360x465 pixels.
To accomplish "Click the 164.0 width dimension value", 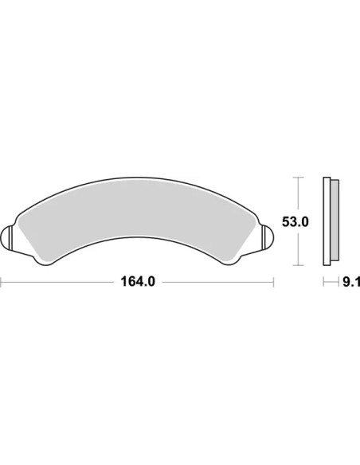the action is pyautogui.click(x=138, y=281).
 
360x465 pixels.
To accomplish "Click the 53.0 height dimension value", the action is pyautogui.click(x=295, y=222).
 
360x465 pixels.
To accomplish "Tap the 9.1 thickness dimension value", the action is pyautogui.click(x=352, y=282).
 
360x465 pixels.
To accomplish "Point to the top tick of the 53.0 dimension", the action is pyautogui.click(x=299, y=177).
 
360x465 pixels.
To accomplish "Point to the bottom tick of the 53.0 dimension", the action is pyautogui.click(x=299, y=265).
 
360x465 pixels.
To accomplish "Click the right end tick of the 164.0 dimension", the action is pyautogui.click(x=273, y=282).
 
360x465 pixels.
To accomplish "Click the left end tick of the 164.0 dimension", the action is pyautogui.click(x=1, y=282).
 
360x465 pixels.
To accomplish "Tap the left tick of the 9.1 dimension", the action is pyautogui.click(x=323, y=282).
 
